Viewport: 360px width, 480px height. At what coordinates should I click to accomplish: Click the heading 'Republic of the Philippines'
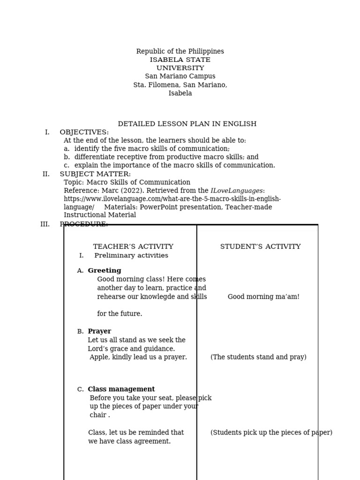180,52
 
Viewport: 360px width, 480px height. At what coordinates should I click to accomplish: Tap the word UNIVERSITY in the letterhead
180,68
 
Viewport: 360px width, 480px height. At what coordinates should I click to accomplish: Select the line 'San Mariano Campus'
180,76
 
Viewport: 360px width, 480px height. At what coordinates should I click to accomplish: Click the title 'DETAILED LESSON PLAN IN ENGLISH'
187,124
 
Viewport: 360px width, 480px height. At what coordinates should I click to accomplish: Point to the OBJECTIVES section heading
84,133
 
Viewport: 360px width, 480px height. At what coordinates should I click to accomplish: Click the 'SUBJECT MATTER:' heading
95,174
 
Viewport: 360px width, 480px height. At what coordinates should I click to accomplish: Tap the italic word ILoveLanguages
236,191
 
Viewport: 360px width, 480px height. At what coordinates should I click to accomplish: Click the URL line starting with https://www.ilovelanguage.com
172,199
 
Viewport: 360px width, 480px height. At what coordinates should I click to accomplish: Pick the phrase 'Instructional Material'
100,215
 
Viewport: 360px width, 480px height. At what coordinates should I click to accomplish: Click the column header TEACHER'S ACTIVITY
133,247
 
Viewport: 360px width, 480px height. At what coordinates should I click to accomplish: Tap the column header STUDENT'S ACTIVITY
260,247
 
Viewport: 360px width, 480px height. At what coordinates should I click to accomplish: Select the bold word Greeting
105,271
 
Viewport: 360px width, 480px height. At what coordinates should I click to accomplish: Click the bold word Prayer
99,331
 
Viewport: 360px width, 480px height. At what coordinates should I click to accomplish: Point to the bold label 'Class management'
121,390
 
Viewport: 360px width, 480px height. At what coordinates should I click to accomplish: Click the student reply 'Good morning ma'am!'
263,297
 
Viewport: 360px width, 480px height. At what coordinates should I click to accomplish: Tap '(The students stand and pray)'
258,357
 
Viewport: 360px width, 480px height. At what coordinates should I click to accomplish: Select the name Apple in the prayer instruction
99,357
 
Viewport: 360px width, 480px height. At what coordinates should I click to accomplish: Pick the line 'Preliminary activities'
131,256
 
